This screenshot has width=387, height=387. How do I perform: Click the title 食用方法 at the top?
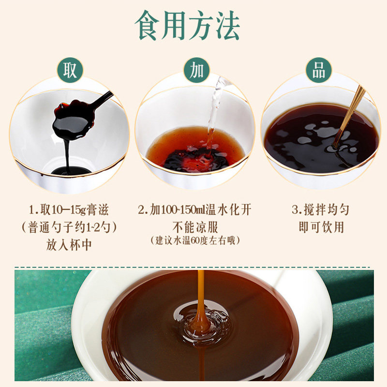tap(187, 25)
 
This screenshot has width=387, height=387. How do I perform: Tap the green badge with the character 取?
tap(70, 70)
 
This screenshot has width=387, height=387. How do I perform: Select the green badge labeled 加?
tap(197, 70)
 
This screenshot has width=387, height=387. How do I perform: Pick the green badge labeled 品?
tap(319, 70)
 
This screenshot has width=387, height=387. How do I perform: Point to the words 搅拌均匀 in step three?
tap(326, 210)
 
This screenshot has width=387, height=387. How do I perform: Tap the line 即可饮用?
tap(321, 227)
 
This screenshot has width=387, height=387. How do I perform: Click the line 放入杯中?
tap(69, 245)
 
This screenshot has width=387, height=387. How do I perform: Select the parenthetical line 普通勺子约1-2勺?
tap(69, 227)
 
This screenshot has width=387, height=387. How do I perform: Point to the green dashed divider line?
tap(193, 268)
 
